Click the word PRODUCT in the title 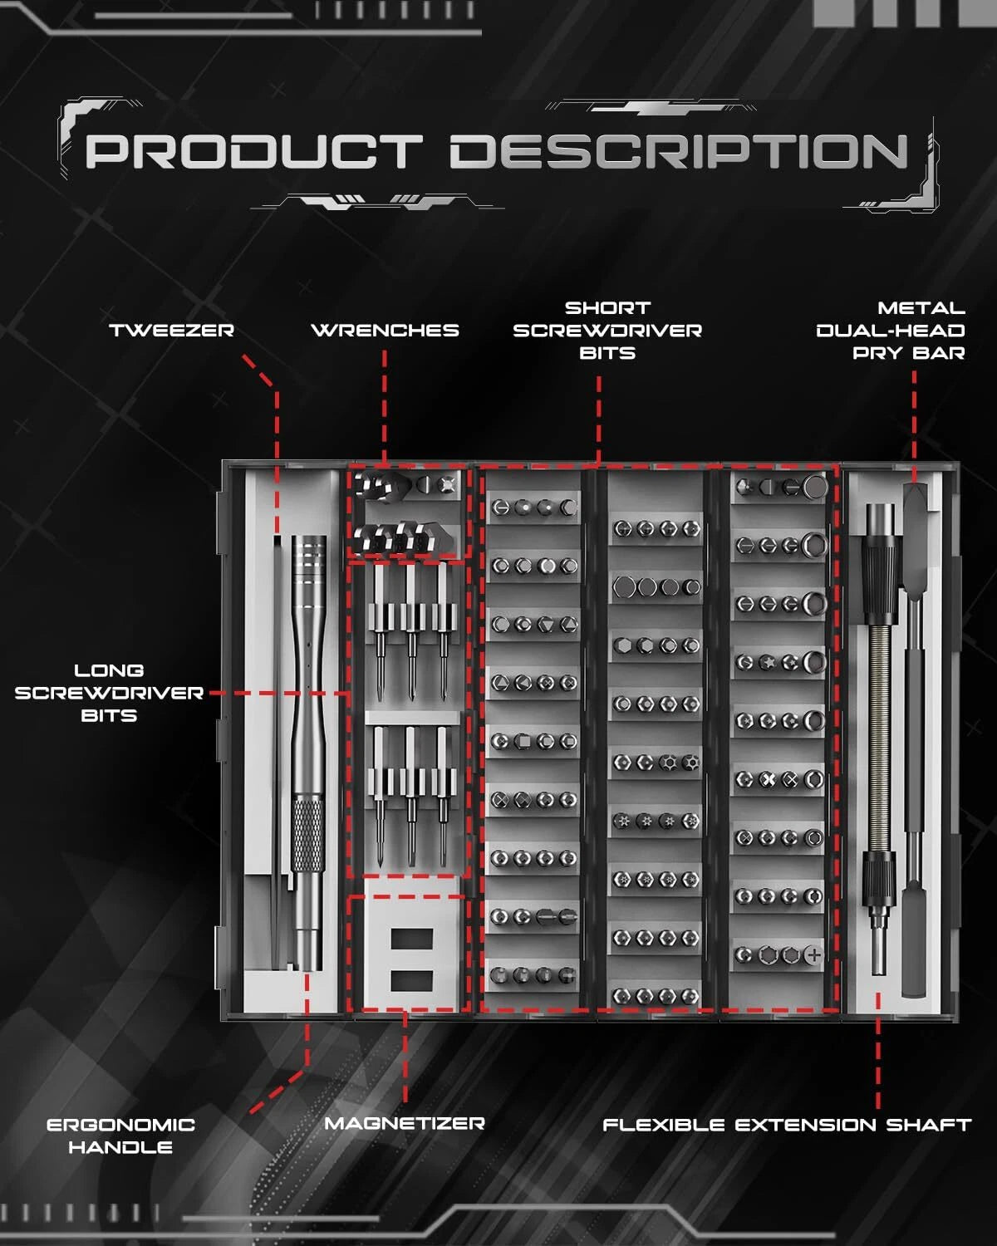tap(253, 152)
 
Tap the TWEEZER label tap(172, 331)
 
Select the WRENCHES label tap(385, 331)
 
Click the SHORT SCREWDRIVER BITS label tap(607, 331)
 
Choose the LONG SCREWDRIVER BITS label tap(109, 693)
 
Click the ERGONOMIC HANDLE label tap(120, 1136)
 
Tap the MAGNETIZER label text tap(405, 1124)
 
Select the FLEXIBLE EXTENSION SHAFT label tap(786, 1126)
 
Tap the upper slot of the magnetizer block tap(411, 939)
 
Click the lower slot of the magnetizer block tap(411, 980)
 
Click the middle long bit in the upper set tap(410, 631)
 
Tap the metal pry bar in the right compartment tap(914, 748)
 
